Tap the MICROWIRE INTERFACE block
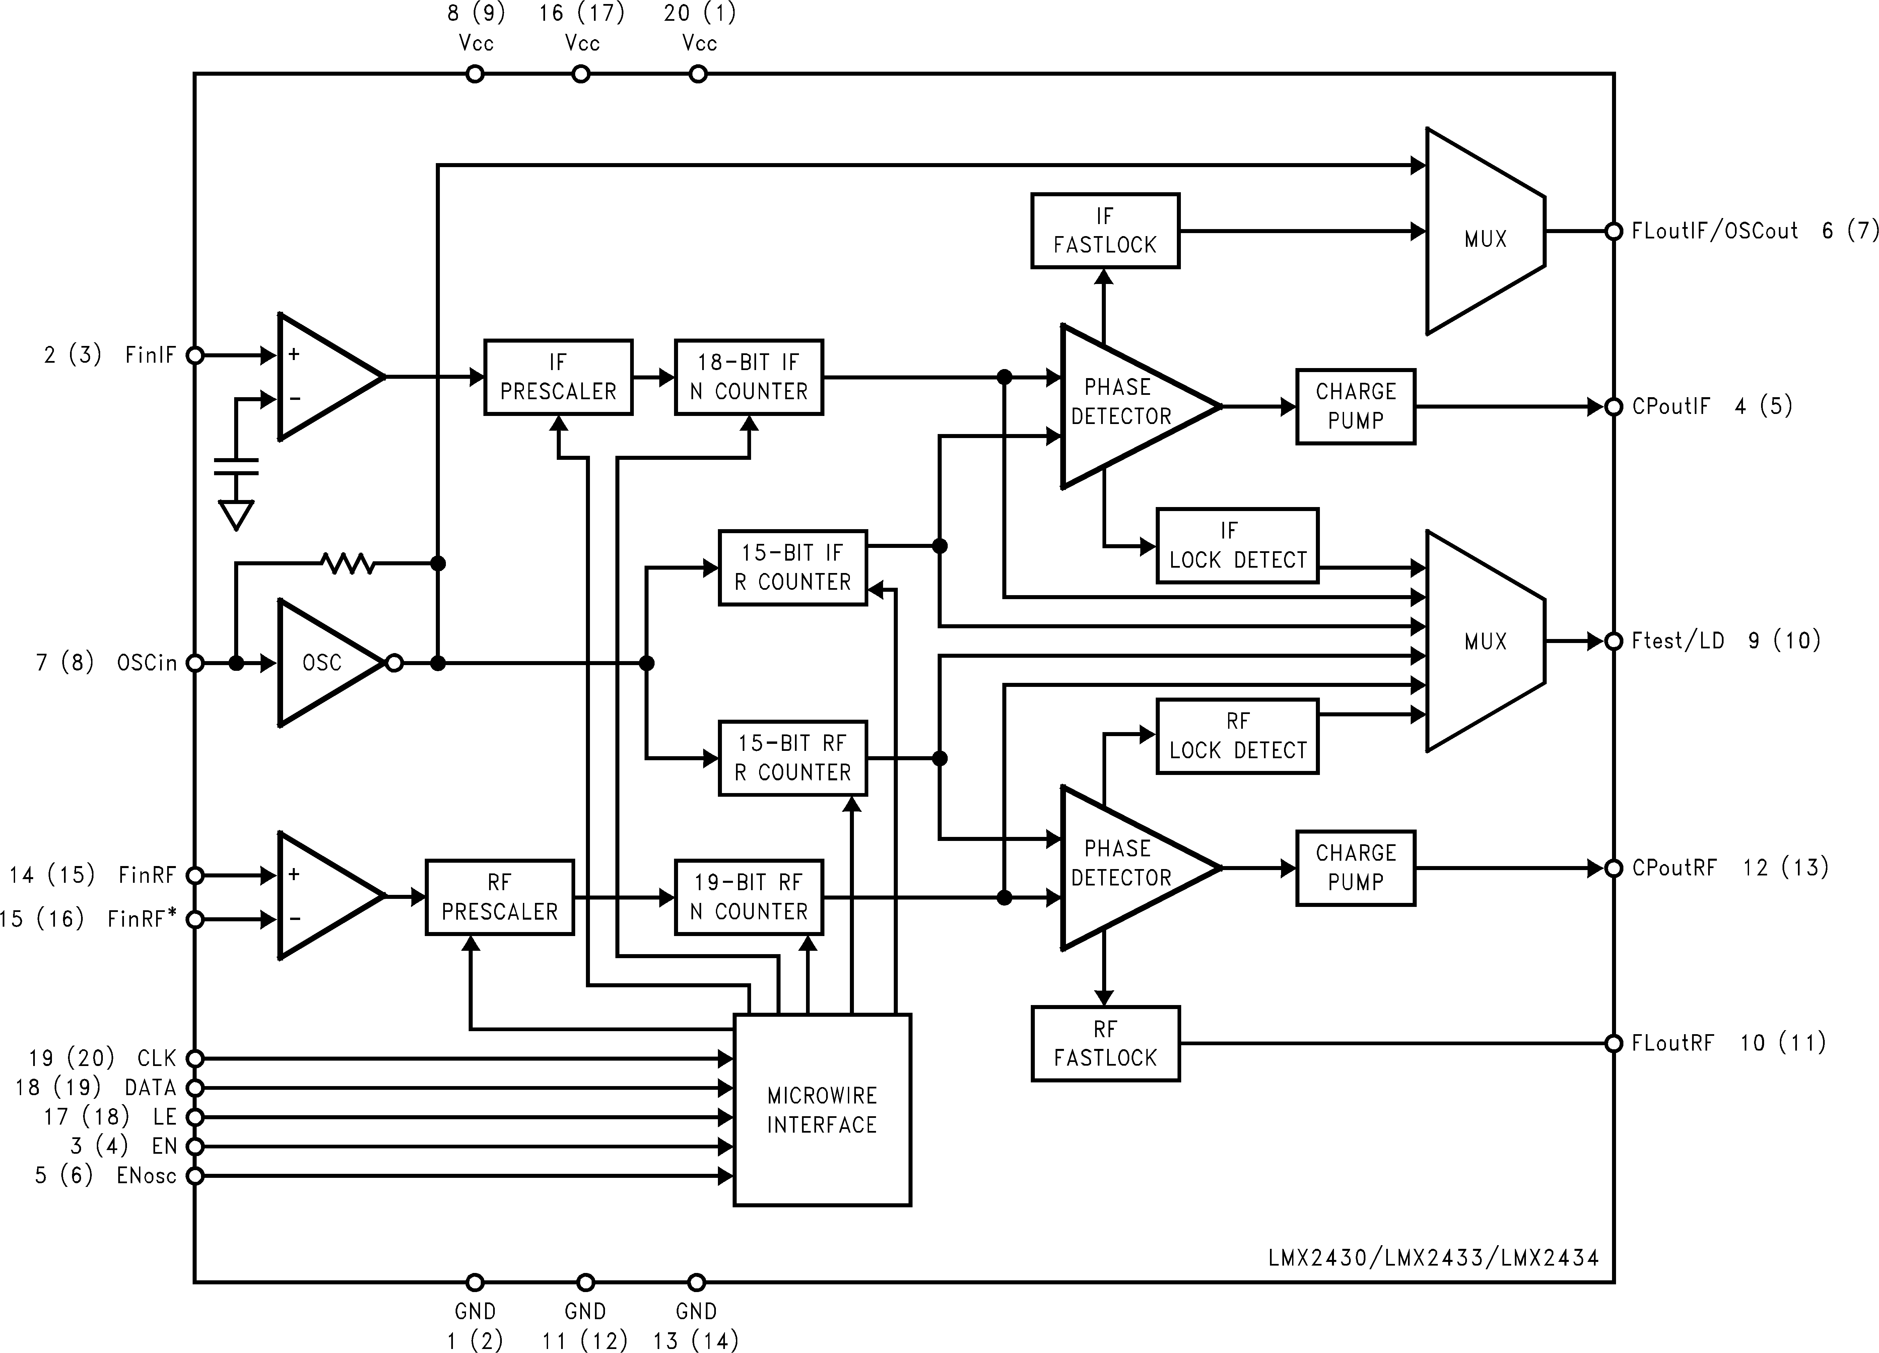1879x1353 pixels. pyautogui.click(x=822, y=1110)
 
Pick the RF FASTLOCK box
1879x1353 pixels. pyautogui.click(x=1105, y=1043)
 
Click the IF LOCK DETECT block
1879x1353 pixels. pyautogui.click(x=1237, y=546)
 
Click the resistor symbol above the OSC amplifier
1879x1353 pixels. pyautogui.click(x=348, y=564)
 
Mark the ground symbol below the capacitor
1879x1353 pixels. pyautogui.click(x=236, y=515)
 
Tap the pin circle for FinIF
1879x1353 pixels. pyautogui.click(x=195, y=355)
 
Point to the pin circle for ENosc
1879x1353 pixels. pyautogui.click(x=195, y=1176)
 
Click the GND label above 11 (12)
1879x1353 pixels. pyautogui.click(x=585, y=1311)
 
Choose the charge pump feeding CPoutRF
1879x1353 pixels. pyautogui.click(x=1355, y=868)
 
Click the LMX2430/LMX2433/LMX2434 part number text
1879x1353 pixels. pyautogui.click(x=1433, y=1258)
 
